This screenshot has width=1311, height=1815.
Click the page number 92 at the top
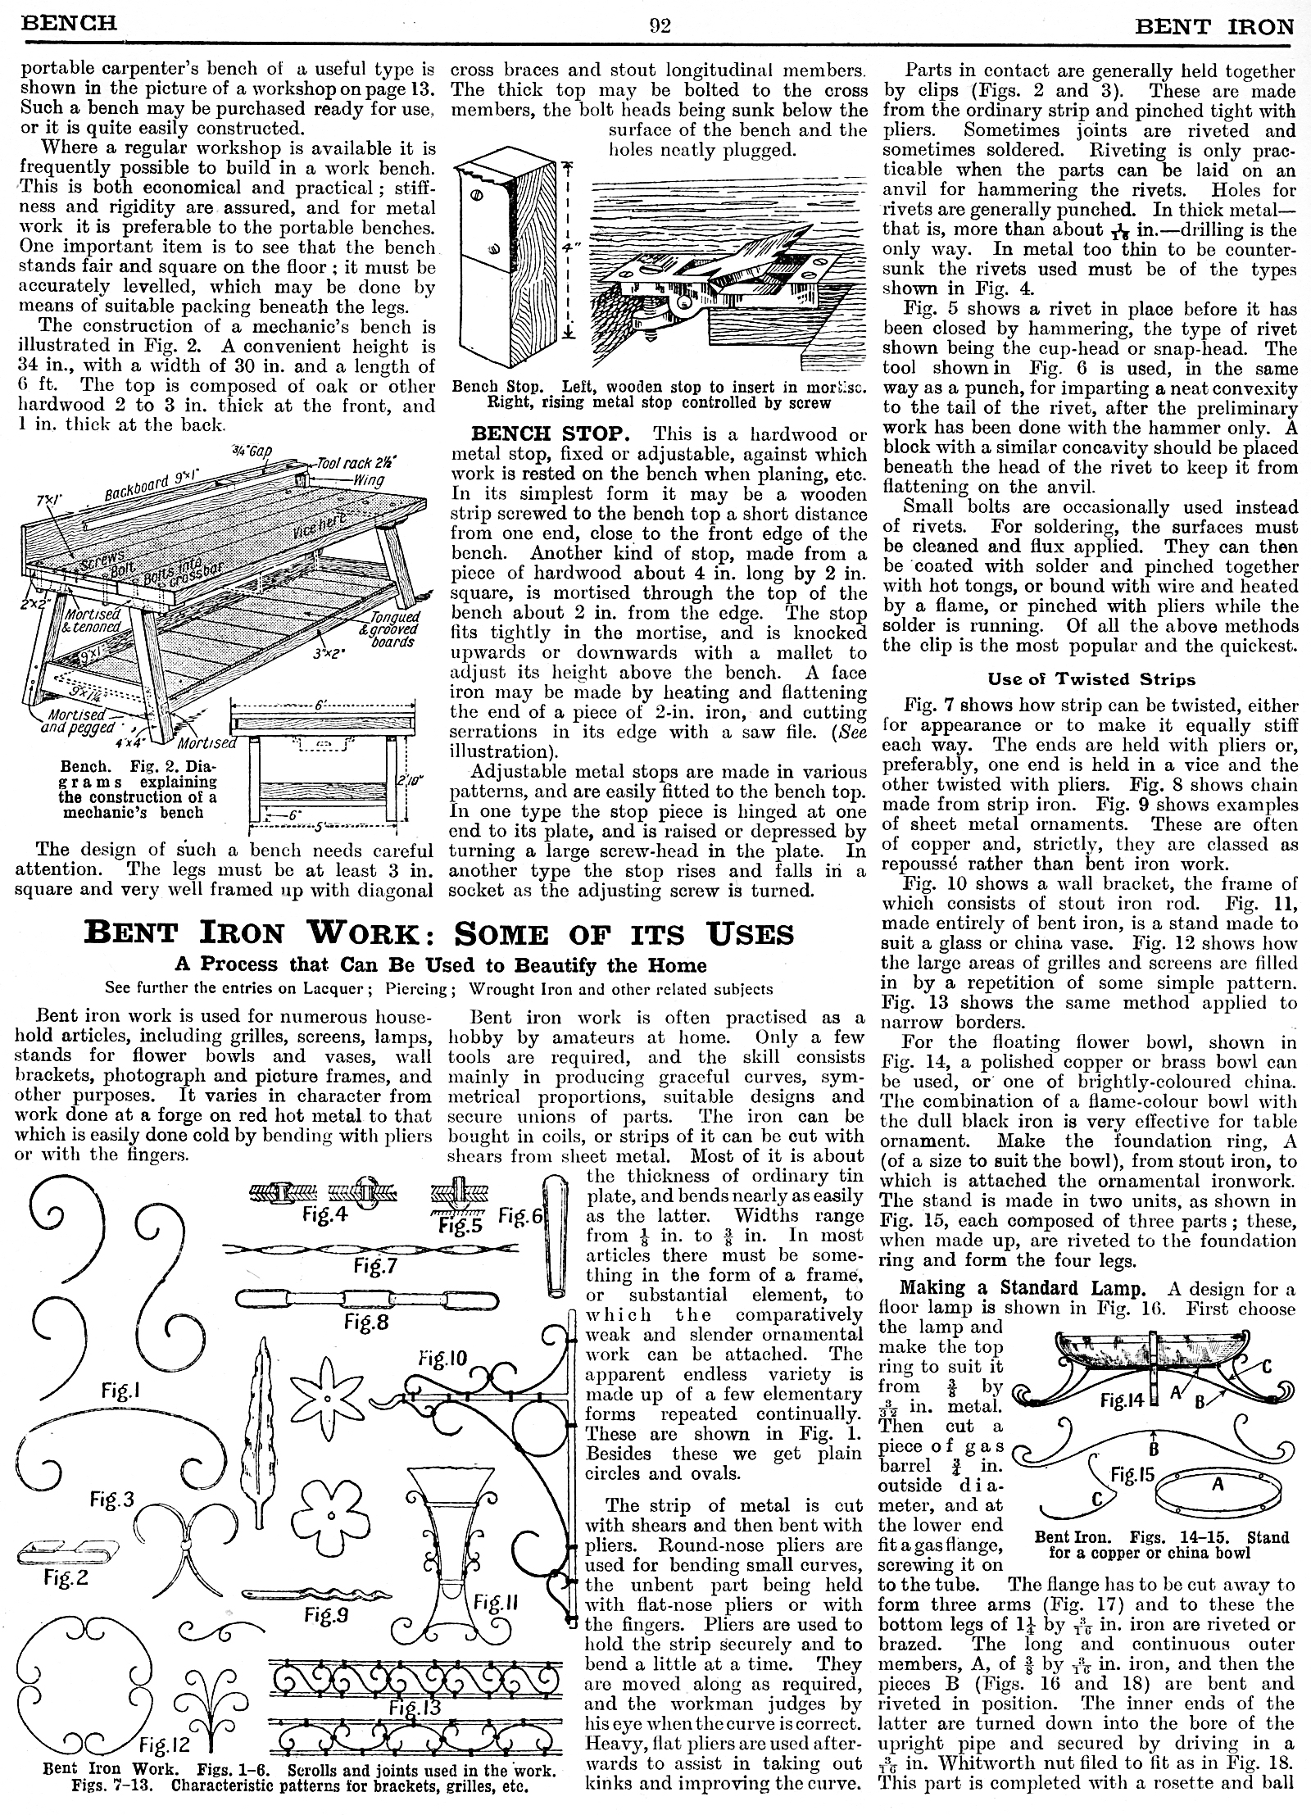[660, 25]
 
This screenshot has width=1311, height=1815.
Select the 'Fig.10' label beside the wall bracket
[442, 1359]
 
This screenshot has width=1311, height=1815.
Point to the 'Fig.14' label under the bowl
[1122, 1400]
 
